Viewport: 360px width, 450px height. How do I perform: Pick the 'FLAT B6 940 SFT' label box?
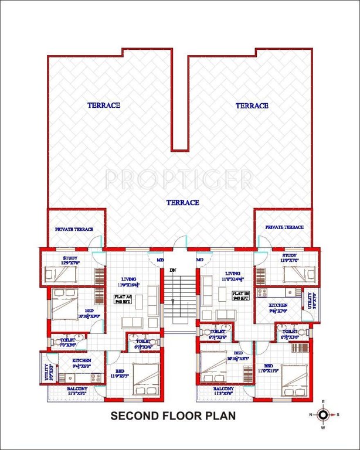(x=240, y=295)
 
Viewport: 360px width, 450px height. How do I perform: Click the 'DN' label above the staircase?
(x=173, y=270)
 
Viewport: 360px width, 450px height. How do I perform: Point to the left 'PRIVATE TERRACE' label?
(x=74, y=229)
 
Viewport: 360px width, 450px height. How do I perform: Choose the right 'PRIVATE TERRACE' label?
(x=284, y=227)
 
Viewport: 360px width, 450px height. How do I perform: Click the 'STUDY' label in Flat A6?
(x=70, y=258)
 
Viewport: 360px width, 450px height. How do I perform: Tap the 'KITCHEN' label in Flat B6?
(x=278, y=306)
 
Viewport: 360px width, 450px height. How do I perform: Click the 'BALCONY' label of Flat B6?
(x=223, y=388)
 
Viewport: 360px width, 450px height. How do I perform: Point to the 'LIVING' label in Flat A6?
(x=129, y=279)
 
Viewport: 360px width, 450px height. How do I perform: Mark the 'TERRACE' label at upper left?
(x=104, y=105)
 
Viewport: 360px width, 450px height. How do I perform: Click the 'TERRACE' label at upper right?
(x=252, y=106)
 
